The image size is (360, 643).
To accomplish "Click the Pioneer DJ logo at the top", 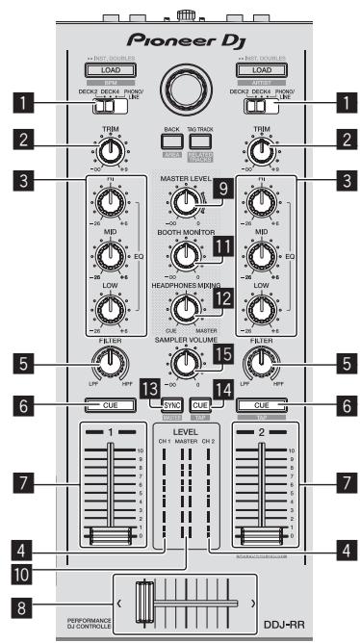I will click(180, 44).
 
